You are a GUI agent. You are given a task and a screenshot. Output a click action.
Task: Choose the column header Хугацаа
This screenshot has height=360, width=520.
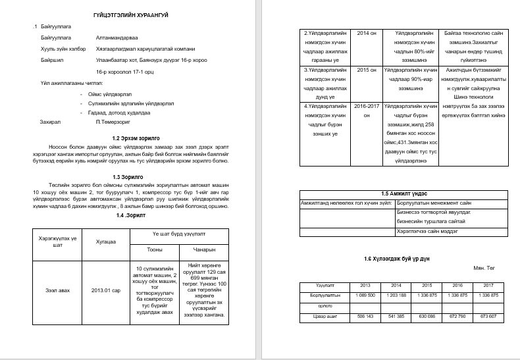107,242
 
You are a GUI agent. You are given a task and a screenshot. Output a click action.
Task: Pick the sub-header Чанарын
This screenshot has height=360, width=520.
205,249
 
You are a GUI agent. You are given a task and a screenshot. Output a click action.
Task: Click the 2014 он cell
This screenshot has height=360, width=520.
365,32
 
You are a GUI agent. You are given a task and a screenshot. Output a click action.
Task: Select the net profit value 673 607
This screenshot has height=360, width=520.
488,317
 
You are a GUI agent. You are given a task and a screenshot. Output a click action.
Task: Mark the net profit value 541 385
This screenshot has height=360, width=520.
396,317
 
